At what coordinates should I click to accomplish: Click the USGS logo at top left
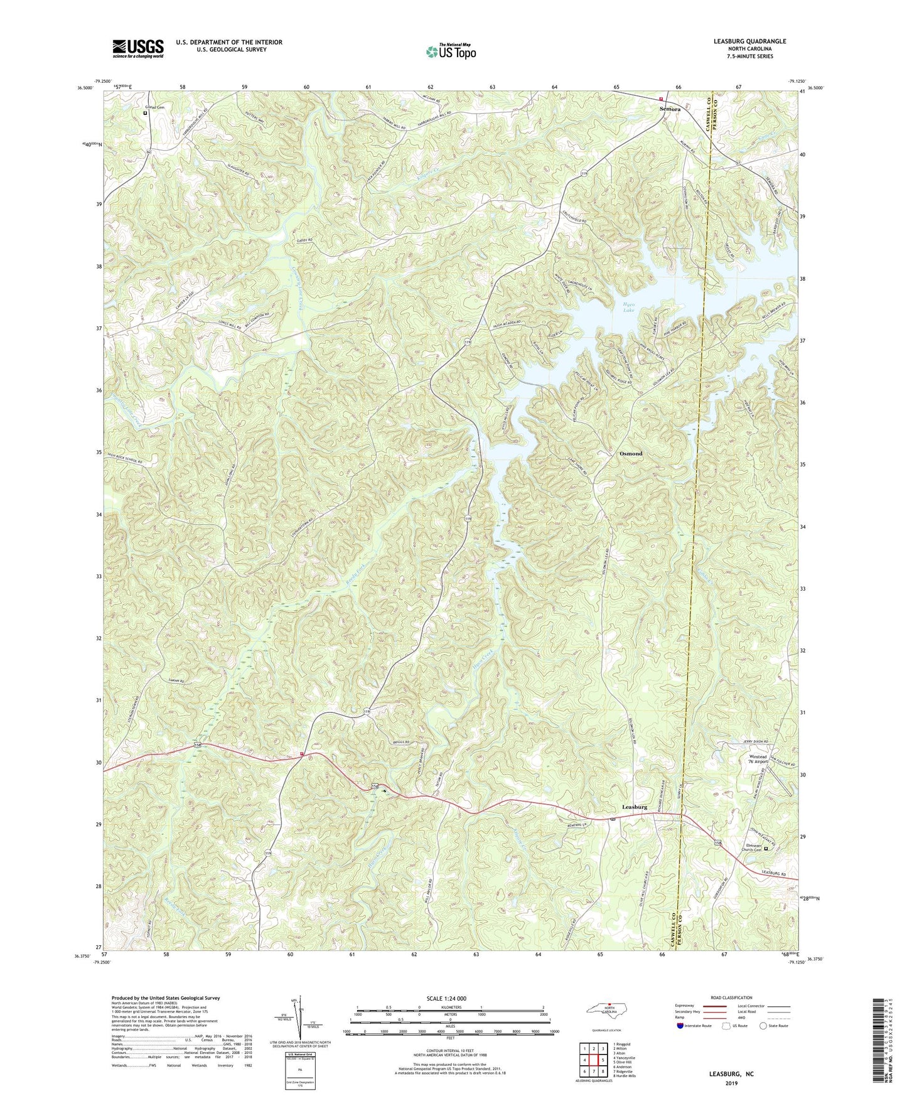point(138,48)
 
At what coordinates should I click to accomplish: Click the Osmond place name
point(631,453)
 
